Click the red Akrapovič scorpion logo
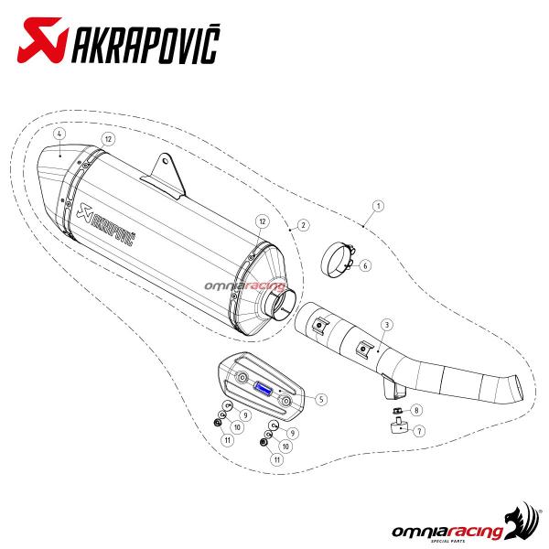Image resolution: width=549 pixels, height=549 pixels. (x=42, y=40)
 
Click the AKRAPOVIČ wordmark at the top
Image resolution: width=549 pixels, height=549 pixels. (x=146, y=44)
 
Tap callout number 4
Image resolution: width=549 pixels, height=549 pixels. (x=59, y=134)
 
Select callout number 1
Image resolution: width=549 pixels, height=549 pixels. (x=378, y=206)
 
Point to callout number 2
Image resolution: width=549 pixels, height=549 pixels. (x=303, y=225)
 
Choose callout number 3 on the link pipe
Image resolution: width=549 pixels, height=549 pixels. (x=387, y=325)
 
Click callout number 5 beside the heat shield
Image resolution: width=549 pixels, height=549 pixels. (x=321, y=399)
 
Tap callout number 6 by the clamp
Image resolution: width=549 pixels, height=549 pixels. (x=365, y=265)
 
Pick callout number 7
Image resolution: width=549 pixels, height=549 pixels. (x=419, y=431)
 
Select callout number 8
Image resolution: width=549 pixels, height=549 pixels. (x=416, y=410)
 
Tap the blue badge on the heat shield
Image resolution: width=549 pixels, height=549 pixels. (x=264, y=387)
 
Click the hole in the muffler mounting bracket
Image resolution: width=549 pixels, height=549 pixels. (x=165, y=161)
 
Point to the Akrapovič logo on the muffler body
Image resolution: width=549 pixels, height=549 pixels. (x=106, y=224)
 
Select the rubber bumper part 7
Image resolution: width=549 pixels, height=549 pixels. (x=398, y=426)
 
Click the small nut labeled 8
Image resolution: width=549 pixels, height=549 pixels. (x=397, y=410)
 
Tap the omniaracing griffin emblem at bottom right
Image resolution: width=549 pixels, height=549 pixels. (x=522, y=522)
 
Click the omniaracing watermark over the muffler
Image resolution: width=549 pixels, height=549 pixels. (x=245, y=286)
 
